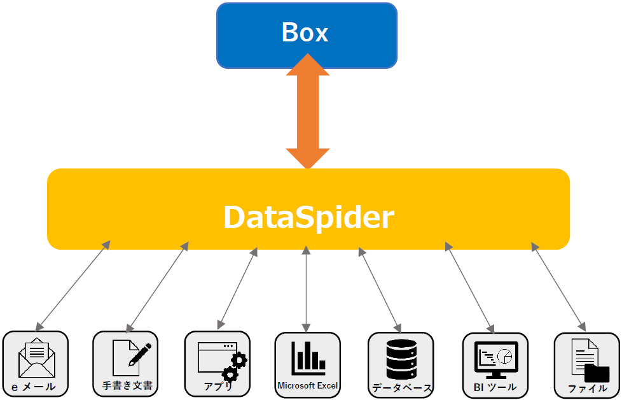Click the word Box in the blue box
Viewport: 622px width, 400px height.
click(305, 32)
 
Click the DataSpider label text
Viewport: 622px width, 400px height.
click(308, 218)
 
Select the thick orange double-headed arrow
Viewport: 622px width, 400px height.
click(308, 111)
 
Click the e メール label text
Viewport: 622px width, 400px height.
click(34, 387)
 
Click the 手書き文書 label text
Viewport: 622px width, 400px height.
click(127, 385)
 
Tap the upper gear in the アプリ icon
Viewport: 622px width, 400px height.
click(238, 360)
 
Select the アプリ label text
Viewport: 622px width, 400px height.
click(218, 386)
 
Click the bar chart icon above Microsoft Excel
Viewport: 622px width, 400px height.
click(308, 359)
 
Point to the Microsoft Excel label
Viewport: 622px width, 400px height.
click(308, 385)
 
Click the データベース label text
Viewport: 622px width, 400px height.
click(401, 387)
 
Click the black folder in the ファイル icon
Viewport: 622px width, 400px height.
click(597, 373)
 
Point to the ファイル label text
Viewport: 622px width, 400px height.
click(587, 387)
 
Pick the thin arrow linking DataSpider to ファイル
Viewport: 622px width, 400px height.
click(559, 287)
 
